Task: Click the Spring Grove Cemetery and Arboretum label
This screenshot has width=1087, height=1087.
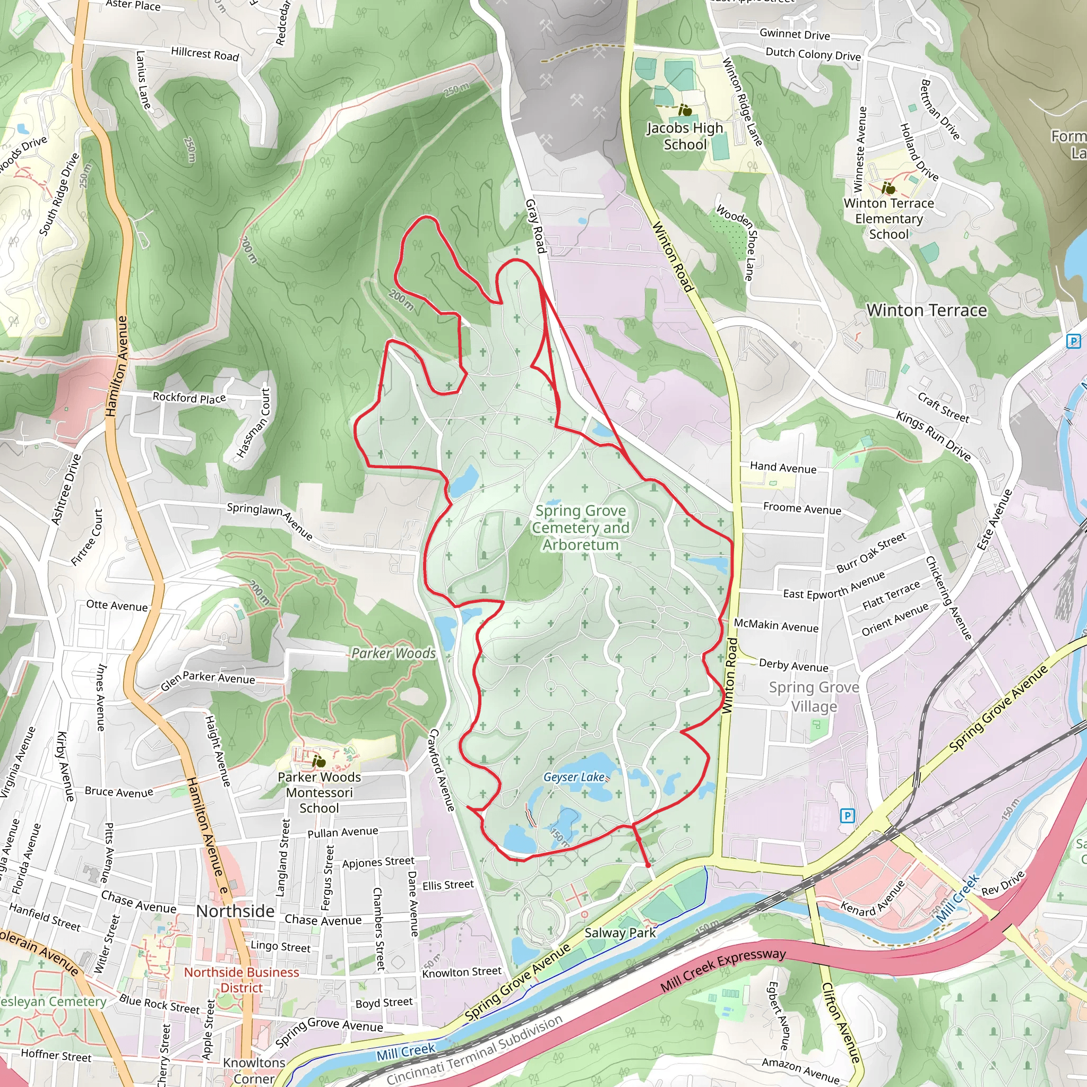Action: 580,528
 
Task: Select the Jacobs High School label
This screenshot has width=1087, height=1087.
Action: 685,136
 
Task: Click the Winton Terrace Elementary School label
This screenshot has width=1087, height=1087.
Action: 888,218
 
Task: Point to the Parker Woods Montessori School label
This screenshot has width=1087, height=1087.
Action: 319,792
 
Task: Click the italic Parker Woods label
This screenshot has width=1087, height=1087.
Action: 393,653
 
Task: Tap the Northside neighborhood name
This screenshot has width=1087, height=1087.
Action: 235,911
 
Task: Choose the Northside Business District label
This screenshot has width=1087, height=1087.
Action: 241,980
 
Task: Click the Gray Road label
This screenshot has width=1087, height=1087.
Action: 536,226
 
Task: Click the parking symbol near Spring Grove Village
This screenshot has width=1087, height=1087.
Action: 847,815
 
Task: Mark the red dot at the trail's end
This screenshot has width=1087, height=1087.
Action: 648,865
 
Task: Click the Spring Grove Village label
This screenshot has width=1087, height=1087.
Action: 814,696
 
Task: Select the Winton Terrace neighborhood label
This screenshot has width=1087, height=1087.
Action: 926,310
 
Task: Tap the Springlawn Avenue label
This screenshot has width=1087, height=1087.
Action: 270,521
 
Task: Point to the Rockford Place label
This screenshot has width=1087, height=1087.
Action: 189,398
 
